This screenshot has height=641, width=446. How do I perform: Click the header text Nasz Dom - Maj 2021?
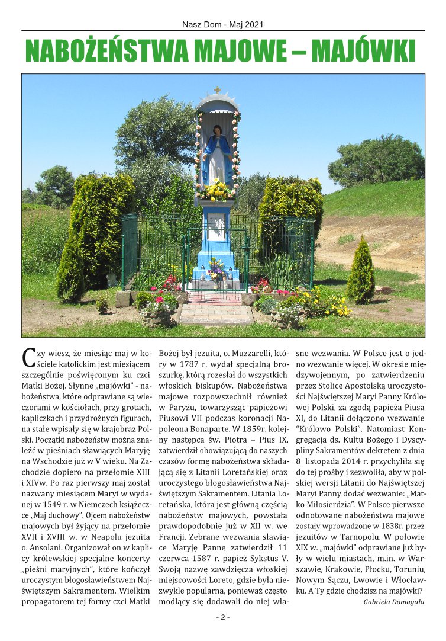pyautogui.click(x=223, y=25)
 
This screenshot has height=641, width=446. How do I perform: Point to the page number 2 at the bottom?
pyautogui.click(x=223, y=617)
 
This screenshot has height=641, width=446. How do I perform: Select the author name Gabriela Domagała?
pyautogui.click(x=393, y=601)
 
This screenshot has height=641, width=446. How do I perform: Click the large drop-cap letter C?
pyautogui.click(x=28, y=358)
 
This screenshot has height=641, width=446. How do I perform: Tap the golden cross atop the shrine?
pyautogui.click(x=217, y=91)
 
